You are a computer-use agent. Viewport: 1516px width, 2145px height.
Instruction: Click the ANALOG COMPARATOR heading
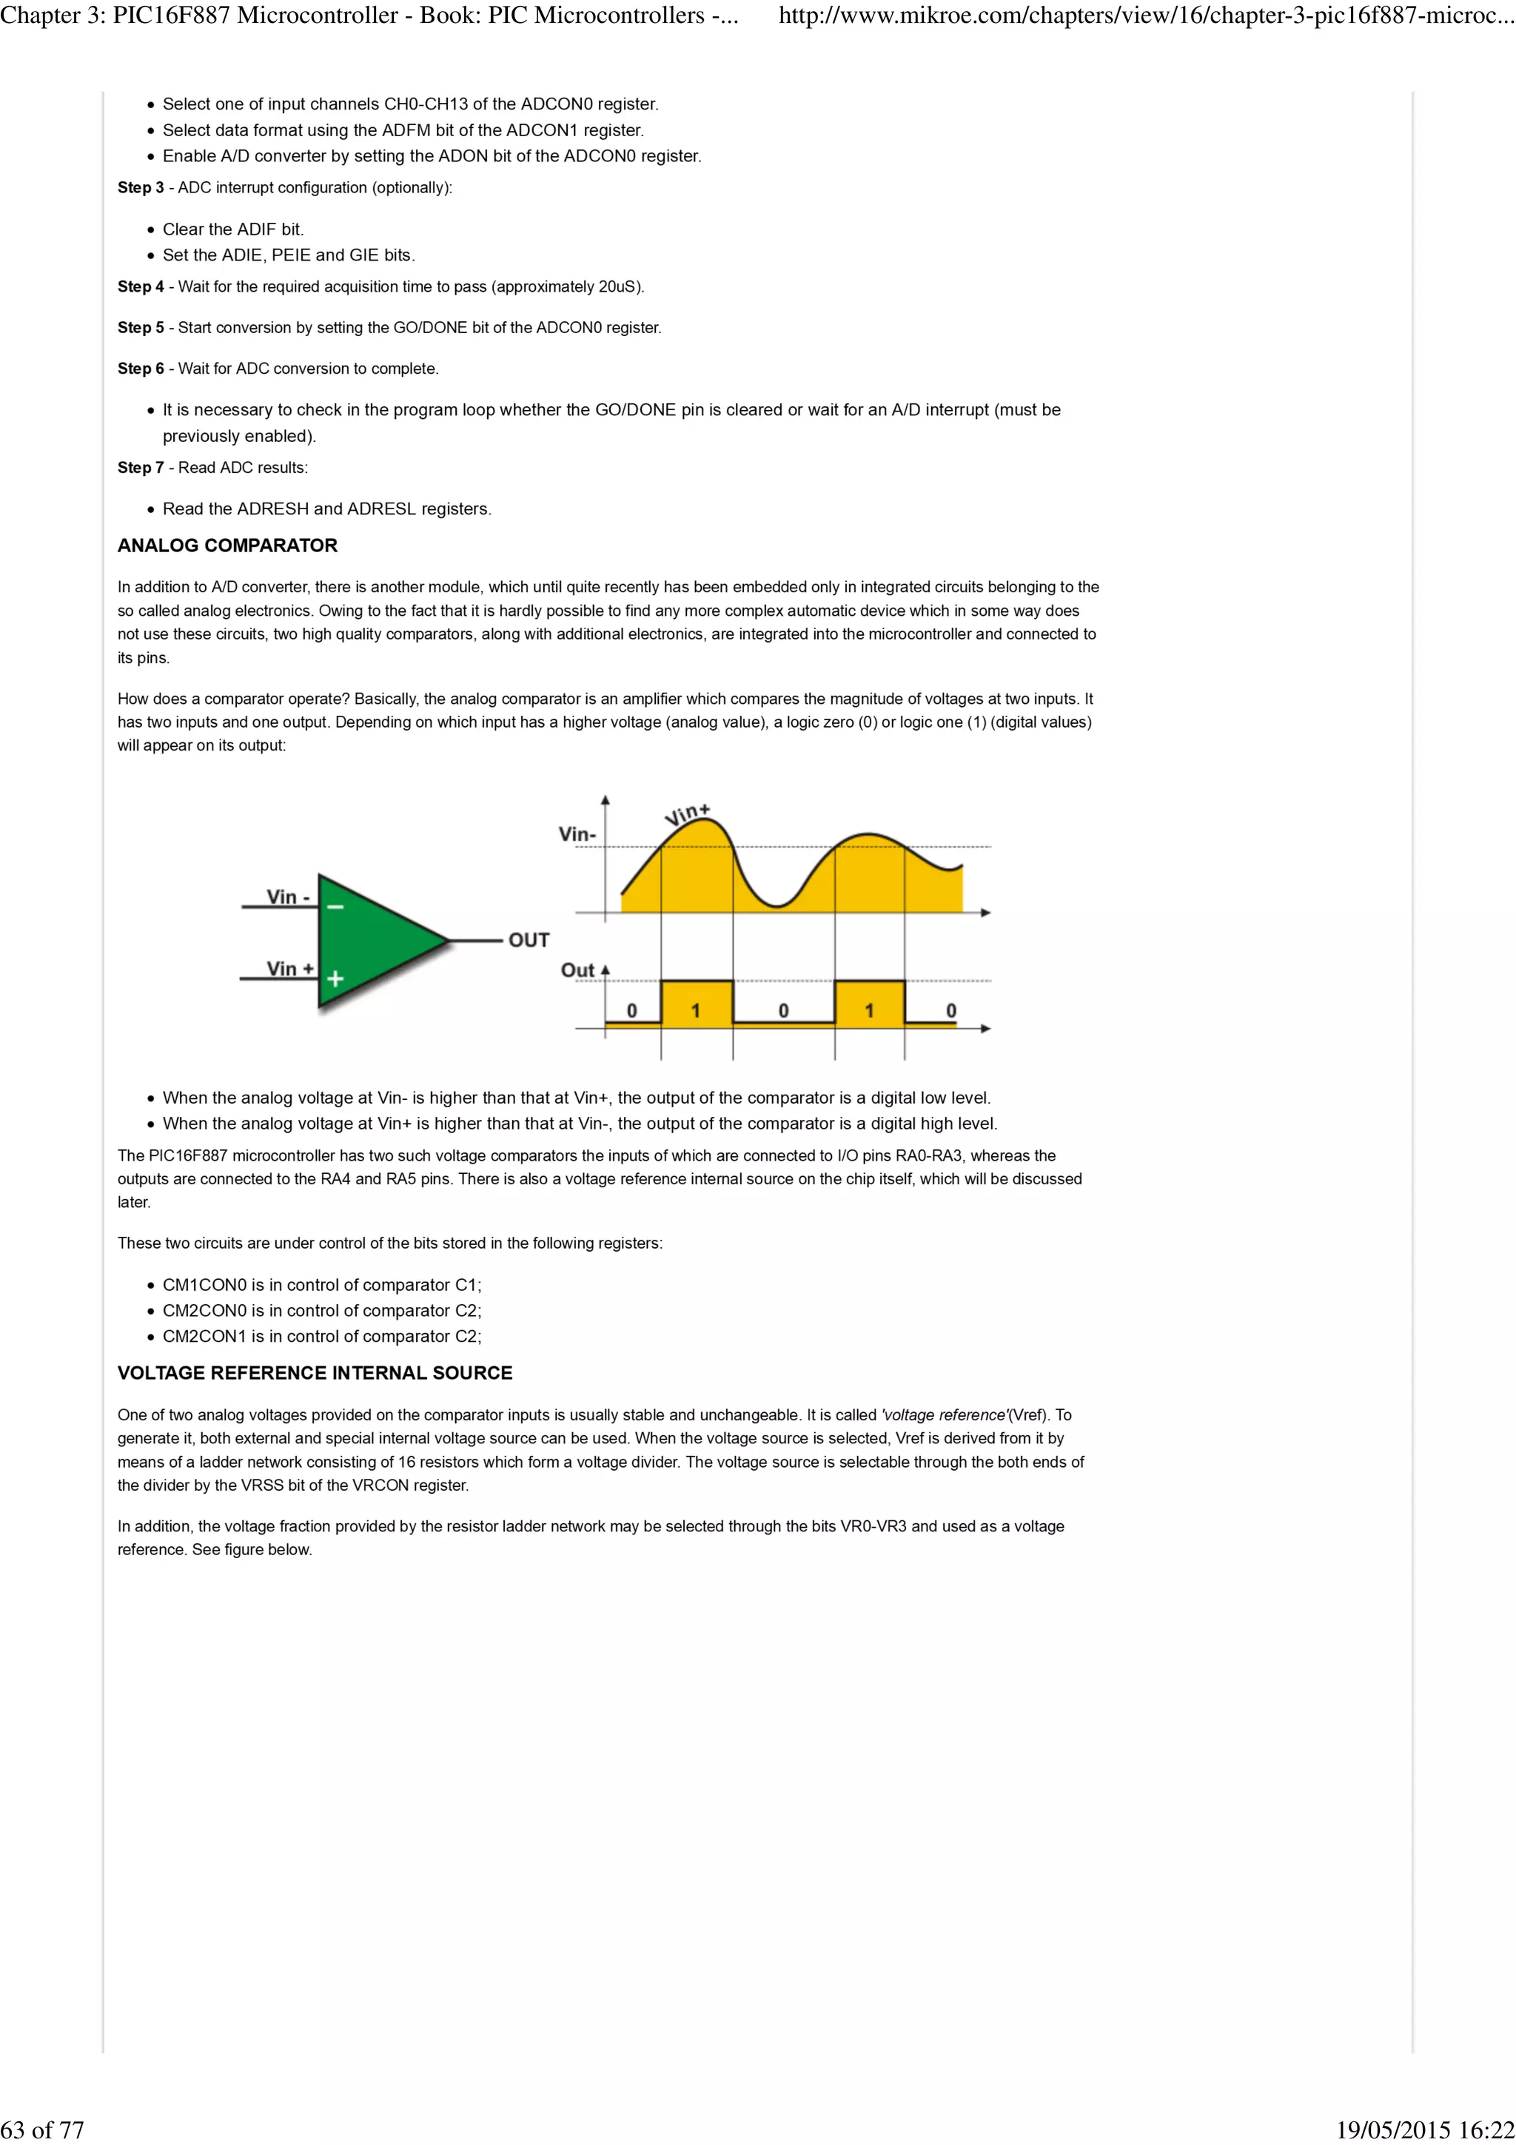tap(227, 546)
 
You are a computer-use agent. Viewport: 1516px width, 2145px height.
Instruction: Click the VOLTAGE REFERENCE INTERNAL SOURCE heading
tap(315, 1372)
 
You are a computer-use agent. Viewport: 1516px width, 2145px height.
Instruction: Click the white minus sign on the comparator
tap(335, 906)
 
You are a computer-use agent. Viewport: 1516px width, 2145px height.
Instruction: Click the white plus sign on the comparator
tap(335, 978)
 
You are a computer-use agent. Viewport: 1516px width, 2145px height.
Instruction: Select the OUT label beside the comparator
tap(529, 940)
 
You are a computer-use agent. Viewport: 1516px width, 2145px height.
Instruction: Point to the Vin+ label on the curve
tap(688, 813)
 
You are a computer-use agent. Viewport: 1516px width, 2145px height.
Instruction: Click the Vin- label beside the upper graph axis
tap(577, 833)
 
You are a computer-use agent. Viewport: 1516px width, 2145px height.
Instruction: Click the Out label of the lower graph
tap(577, 970)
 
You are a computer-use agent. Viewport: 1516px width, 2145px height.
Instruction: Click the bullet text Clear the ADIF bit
tap(232, 229)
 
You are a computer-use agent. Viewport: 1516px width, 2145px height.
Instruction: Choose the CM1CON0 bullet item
tap(321, 1285)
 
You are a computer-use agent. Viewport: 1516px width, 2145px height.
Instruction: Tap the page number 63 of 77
tap(42, 2129)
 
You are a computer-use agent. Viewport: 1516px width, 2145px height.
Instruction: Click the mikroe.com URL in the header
tap(1145, 16)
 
